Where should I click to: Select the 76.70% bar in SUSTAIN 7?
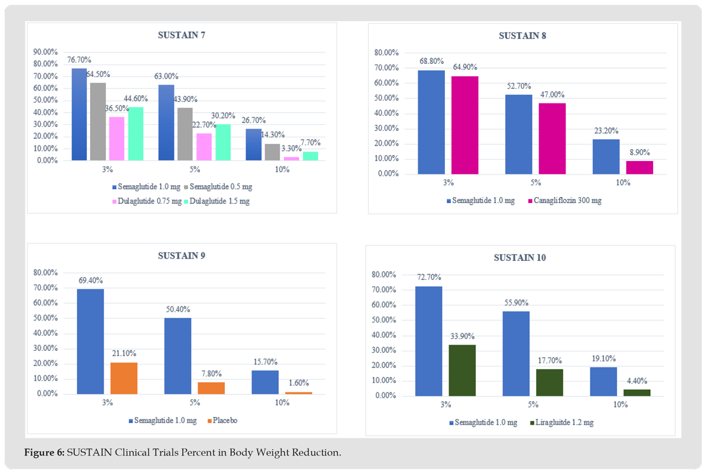(x=79, y=114)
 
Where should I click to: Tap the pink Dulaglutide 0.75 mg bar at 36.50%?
(x=117, y=138)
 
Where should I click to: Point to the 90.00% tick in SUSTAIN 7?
(x=45, y=52)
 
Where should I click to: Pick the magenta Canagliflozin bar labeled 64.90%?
(x=464, y=125)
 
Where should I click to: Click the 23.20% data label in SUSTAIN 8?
(x=606, y=131)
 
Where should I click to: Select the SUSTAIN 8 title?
(x=522, y=36)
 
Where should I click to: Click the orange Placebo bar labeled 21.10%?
(x=124, y=378)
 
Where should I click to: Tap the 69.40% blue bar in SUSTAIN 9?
(x=91, y=341)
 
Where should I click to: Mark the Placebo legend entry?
(x=222, y=421)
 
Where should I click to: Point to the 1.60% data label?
(x=298, y=383)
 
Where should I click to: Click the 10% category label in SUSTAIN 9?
(x=282, y=403)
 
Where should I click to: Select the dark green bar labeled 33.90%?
(x=462, y=370)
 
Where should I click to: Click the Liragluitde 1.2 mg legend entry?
(x=564, y=422)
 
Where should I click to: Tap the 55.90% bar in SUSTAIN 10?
(x=516, y=353)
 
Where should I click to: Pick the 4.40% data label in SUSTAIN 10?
(x=637, y=381)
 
